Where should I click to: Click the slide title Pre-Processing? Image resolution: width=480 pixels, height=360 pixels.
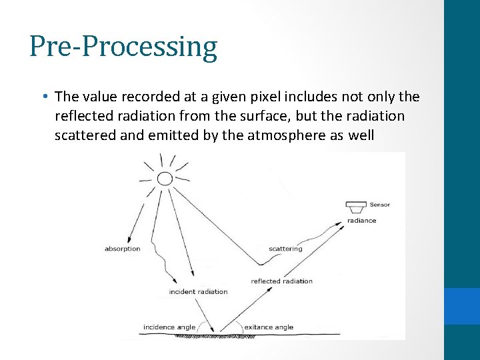(x=123, y=47)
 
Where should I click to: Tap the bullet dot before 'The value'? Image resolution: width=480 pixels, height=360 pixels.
(x=43, y=96)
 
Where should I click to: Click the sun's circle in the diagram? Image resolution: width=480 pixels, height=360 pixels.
(x=164, y=178)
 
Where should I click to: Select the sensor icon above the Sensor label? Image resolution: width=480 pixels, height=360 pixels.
(x=357, y=203)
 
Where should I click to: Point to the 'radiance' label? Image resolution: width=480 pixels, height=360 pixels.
(x=361, y=221)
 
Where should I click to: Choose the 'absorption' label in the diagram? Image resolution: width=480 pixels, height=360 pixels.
(x=123, y=249)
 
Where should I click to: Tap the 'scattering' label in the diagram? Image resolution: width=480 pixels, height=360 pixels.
(x=285, y=249)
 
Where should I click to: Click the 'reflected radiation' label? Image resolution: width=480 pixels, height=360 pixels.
(x=281, y=281)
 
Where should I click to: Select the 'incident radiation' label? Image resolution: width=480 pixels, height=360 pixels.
(x=198, y=291)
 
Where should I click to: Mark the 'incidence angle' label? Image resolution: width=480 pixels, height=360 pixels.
(x=169, y=327)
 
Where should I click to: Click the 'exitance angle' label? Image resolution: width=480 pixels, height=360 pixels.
(x=269, y=327)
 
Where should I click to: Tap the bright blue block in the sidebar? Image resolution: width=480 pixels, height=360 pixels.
(x=462, y=306)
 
